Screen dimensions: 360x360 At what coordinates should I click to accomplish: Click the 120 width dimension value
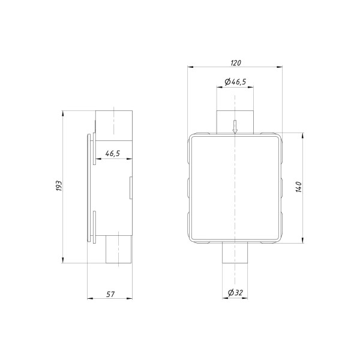[235, 62]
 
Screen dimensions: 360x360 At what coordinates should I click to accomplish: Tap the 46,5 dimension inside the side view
[112, 154]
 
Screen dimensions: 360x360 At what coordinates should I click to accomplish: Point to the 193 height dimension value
[58, 187]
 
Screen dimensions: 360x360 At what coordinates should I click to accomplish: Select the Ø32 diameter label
[235, 293]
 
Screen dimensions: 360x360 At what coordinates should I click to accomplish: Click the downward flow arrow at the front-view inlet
[235, 127]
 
